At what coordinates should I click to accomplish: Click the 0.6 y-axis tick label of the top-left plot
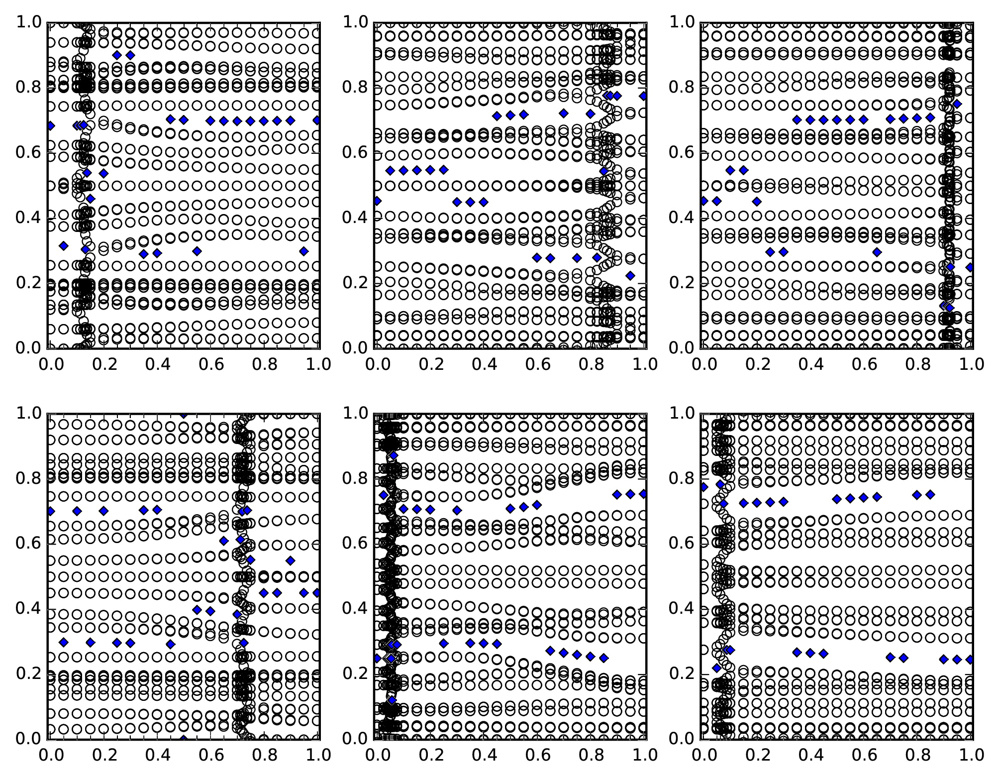pyautogui.click(x=28, y=153)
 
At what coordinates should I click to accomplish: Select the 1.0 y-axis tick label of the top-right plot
pyautogui.click(x=682, y=22)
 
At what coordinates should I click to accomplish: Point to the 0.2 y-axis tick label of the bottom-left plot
pyautogui.click(x=28, y=674)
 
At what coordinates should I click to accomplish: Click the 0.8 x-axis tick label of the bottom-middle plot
pyautogui.click(x=590, y=755)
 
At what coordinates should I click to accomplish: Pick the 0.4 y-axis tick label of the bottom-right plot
pyautogui.click(x=682, y=609)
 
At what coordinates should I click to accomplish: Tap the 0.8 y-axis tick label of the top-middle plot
pyautogui.click(x=355, y=88)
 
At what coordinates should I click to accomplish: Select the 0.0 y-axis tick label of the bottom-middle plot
pyautogui.click(x=355, y=739)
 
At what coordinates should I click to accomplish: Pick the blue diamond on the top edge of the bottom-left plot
pyautogui.click(x=184, y=414)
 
